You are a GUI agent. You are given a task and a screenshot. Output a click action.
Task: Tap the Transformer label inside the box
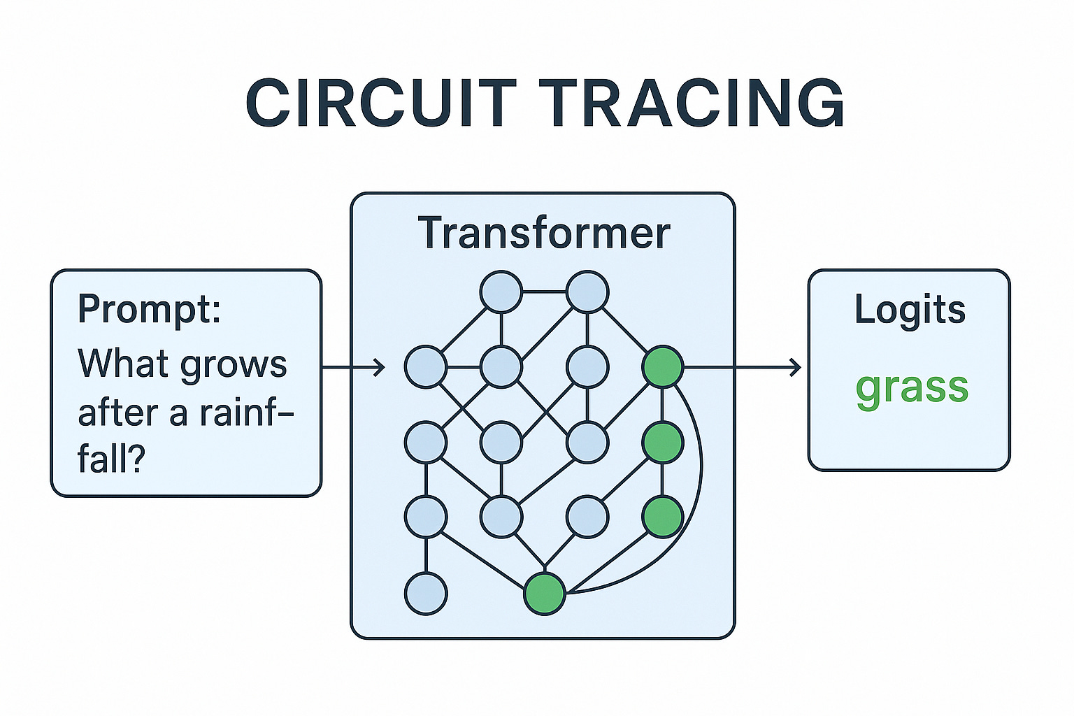(x=543, y=233)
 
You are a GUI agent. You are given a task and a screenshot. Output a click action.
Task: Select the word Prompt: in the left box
(x=149, y=309)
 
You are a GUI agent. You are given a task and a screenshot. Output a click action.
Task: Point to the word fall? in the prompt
(x=110, y=459)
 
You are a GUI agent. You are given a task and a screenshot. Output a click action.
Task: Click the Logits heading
(x=910, y=310)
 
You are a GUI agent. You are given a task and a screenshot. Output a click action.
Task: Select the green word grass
(x=912, y=388)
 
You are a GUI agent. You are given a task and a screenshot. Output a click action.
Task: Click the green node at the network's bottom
(x=545, y=594)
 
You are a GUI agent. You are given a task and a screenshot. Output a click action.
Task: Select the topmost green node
(x=662, y=367)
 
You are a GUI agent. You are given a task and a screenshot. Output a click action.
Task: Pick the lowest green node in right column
(x=662, y=517)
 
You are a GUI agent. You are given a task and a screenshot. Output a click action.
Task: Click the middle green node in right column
(x=662, y=443)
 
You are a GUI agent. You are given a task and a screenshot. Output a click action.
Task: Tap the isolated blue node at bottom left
(x=426, y=594)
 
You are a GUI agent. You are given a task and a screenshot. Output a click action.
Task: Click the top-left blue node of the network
(x=501, y=292)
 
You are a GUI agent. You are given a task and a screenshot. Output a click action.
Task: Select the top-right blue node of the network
(x=587, y=292)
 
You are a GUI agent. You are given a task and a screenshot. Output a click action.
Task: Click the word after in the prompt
(x=117, y=413)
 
